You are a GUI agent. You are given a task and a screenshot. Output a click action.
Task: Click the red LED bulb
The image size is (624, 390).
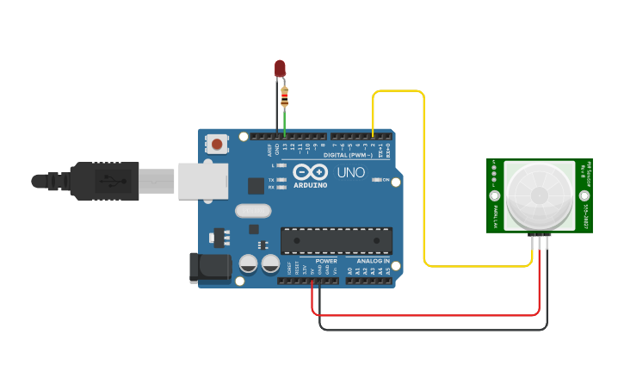coord(280,68)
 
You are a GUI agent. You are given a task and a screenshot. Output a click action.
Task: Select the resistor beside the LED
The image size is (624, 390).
coord(285,96)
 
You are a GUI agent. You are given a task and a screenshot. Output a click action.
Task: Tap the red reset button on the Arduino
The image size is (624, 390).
coord(217,145)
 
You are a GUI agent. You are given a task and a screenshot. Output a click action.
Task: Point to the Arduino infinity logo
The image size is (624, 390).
coord(310,170)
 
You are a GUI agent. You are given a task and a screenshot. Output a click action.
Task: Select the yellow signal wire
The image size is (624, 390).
coord(423,172)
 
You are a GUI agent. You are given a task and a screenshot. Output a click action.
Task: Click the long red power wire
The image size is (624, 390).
coord(430,315)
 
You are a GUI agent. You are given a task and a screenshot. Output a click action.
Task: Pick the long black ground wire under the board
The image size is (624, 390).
coord(430,329)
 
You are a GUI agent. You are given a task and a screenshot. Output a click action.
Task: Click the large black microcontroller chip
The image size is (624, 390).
coord(337,240)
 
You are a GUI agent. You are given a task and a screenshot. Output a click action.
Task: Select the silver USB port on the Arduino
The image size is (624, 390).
coord(203,181)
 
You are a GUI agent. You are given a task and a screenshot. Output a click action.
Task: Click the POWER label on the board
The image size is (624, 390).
coord(326,261)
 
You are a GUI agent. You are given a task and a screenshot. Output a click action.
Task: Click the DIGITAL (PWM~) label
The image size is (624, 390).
coord(348,155)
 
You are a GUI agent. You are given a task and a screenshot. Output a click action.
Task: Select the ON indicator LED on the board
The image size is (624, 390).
coord(376,180)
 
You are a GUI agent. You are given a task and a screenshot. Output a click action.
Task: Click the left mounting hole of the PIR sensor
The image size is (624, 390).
coord(495,195)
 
